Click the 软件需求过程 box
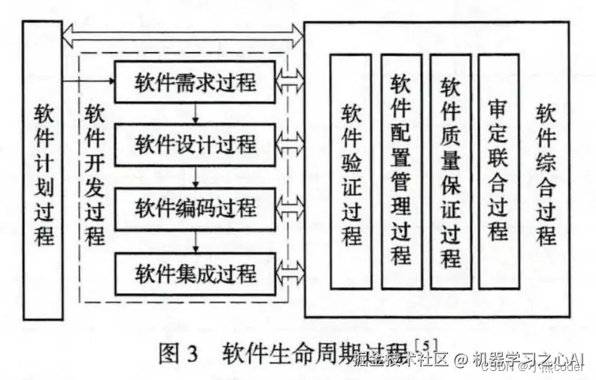[x=196, y=81]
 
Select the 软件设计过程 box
[x=196, y=143]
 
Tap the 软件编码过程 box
[x=196, y=207]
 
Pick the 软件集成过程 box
[x=196, y=272]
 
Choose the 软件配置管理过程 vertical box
[x=401, y=172]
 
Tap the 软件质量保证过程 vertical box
[x=451, y=172]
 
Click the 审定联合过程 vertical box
[x=498, y=172]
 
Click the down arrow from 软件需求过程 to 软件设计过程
[x=196, y=112]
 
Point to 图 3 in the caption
[x=178, y=353]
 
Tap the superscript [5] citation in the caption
[x=426, y=344]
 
